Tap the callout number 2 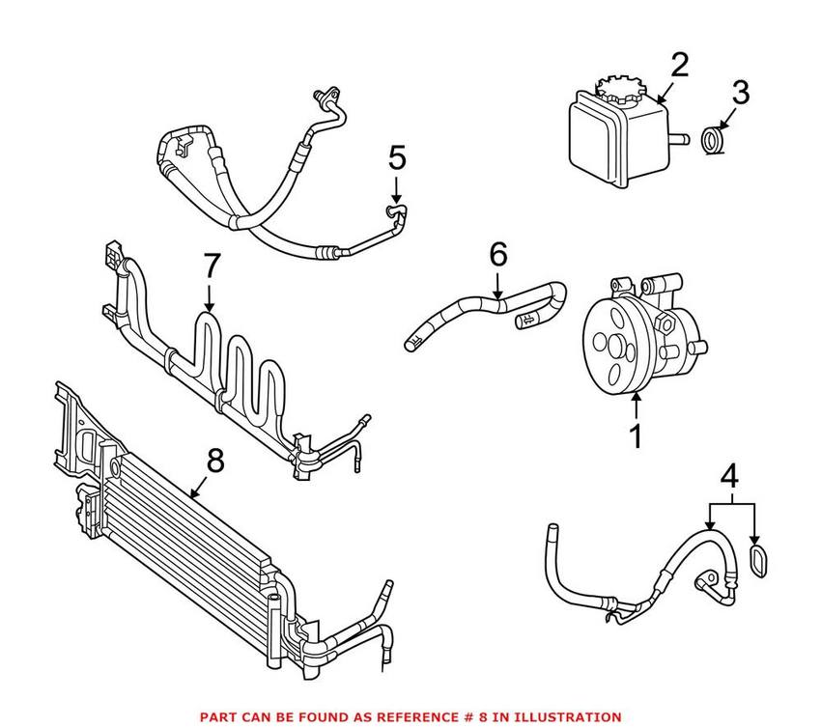680,66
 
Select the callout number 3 740,94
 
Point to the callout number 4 731,476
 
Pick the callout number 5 396,157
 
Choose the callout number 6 497,255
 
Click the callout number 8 214,462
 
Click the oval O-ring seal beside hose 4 759,564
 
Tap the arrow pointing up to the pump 636,406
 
